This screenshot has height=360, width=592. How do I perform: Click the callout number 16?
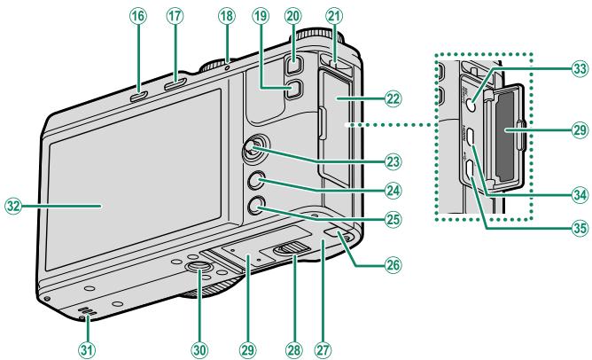138,17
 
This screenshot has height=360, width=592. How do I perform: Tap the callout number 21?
334,17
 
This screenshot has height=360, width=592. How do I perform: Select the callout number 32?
13,207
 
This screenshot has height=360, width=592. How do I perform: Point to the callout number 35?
580,228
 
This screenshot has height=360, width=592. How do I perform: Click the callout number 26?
393,265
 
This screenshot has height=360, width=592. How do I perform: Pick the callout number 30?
199,349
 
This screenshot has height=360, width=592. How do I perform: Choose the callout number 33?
580,69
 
